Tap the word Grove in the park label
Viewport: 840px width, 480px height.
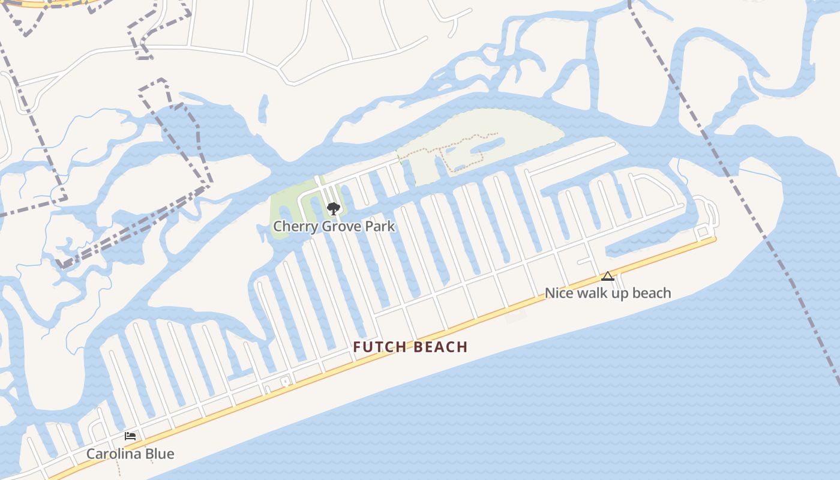tap(338, 227)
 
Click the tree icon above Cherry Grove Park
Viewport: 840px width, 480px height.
tap(334, 209)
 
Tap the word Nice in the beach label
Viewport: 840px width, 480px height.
tap(558, 293)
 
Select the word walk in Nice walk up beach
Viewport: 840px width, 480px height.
tap(592, 293)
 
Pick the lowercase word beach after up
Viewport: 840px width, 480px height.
tap(652, 293)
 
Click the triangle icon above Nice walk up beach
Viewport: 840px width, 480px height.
tap(608, 277)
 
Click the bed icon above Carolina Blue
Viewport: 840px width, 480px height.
tap(130, 436)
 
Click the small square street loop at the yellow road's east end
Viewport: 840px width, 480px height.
tap(703, 231)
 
